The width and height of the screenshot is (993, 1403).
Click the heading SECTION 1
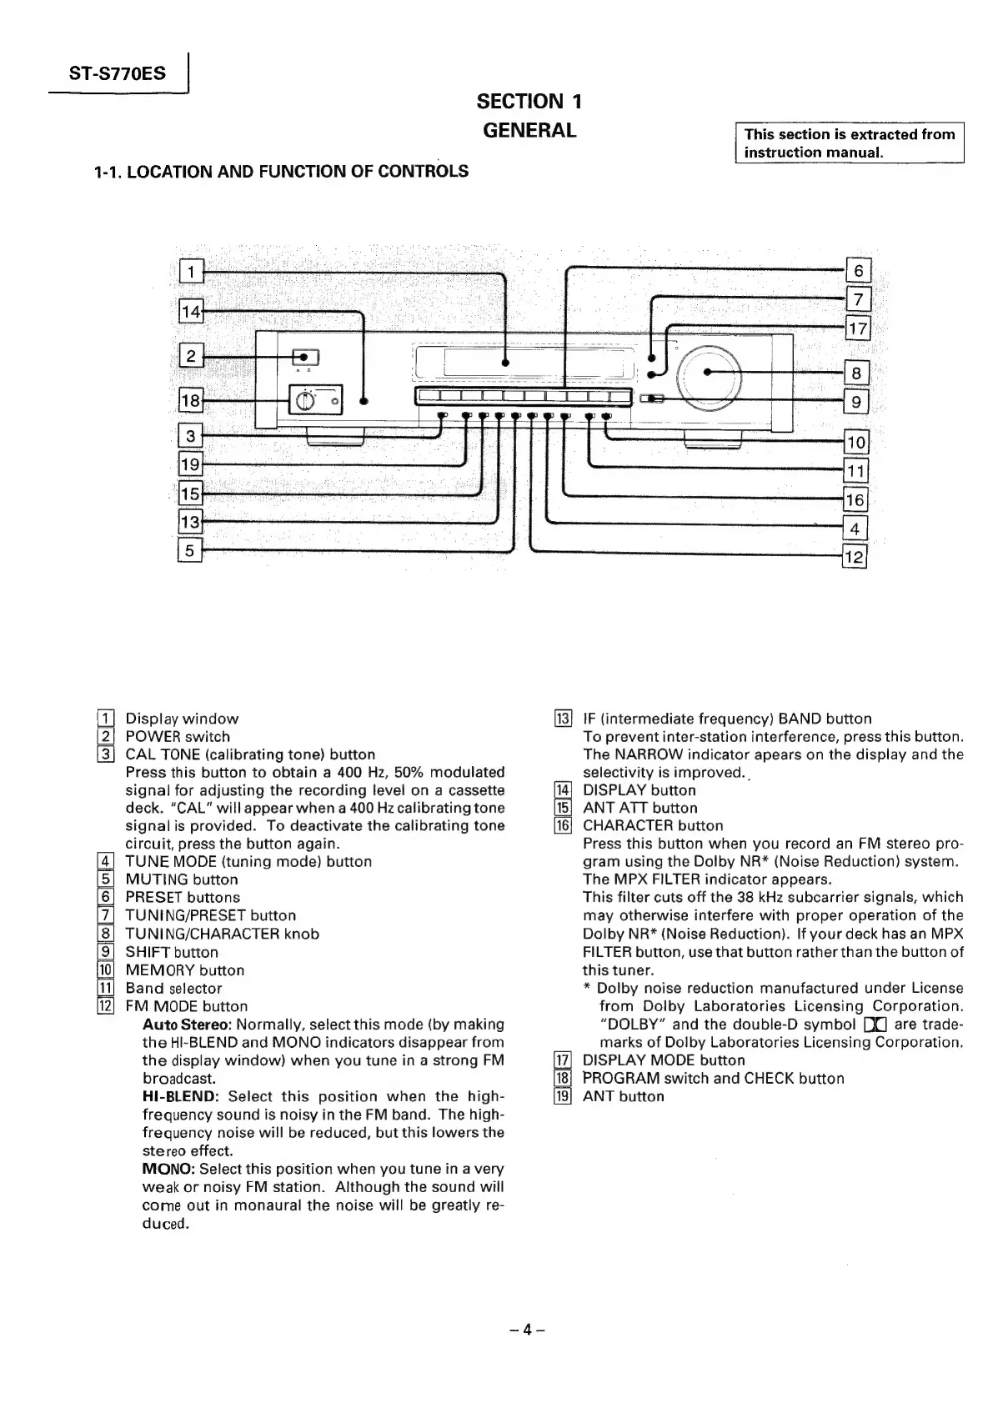[x=529, y=102]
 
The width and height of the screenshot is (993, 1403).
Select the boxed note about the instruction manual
[x=849, y=143]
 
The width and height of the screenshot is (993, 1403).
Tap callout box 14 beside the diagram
[x=191, y=312]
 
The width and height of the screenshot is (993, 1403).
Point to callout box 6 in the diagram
[x=858, y=271]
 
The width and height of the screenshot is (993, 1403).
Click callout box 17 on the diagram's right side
[x=857, y=328]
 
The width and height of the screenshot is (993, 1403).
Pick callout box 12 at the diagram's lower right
[x=855, y=558]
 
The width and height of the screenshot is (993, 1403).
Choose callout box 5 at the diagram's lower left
[x=190, y=551]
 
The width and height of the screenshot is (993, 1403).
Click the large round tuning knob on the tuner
[x=709, y=373]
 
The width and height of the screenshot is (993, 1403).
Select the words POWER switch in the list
[x=177, y=737]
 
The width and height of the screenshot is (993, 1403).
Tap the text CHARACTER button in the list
[x=652, y=825]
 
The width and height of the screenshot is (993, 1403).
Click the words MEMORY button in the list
[x=184, y=970]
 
